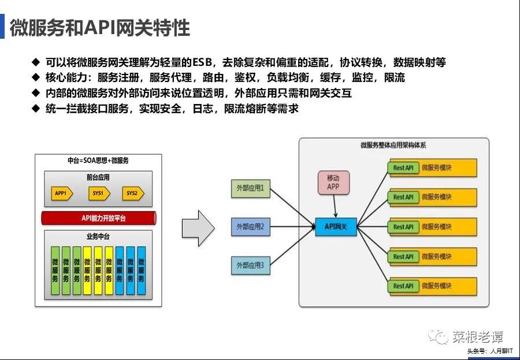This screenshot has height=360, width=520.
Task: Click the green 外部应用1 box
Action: click(x=250, y=188)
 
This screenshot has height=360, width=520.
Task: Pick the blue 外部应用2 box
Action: click(x=250, y=227)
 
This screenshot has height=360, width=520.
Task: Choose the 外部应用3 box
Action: click(x=250, y=265)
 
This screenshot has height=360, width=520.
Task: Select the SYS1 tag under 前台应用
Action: click(x=98, y=194)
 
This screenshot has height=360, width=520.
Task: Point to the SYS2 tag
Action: click(x=133, y=194)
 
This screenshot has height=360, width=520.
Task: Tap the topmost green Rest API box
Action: click(x=403, y=168)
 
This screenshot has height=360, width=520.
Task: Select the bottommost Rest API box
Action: click(x=403, y=286)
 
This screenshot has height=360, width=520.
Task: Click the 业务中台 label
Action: click(x=98, y=237)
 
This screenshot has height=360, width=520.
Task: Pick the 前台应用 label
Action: click(x=98, y=178)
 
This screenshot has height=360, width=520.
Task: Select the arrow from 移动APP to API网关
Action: click(x=335, y=206)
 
